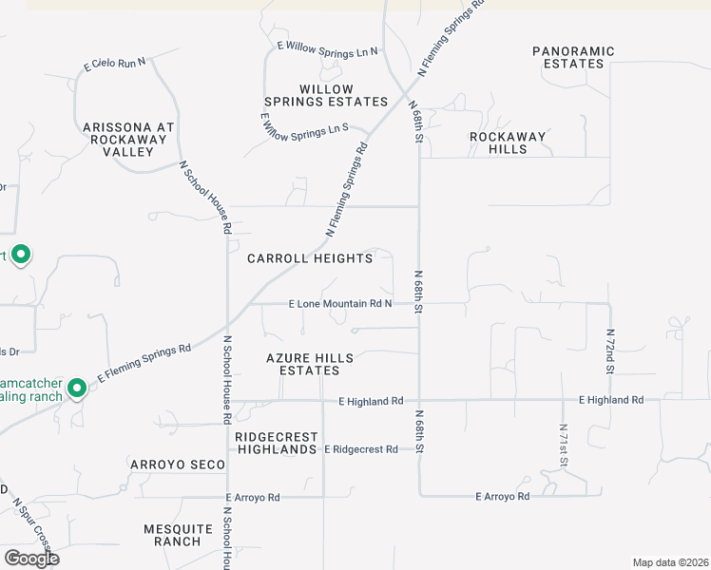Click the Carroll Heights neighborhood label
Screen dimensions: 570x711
coord(310,258)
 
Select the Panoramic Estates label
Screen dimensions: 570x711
coord(573,57)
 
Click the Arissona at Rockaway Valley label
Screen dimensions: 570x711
coord(130,139)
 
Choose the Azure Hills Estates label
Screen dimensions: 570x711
coord(310,364)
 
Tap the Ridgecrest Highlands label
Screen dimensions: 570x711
coord(277,443)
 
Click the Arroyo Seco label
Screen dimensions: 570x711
coord(179,465)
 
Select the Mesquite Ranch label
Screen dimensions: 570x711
coord(172,535)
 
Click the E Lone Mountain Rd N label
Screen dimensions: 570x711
coord(340,304)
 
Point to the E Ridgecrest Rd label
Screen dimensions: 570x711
coord(360,448)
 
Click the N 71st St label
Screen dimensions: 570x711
coord(564,446)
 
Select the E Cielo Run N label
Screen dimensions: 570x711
coord(115,64)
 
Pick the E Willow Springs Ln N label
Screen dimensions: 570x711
coord(327,47)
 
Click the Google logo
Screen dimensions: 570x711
coord(31,559)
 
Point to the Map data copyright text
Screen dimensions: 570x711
coord(669,562)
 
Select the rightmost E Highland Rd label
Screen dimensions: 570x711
coord(610,400)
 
